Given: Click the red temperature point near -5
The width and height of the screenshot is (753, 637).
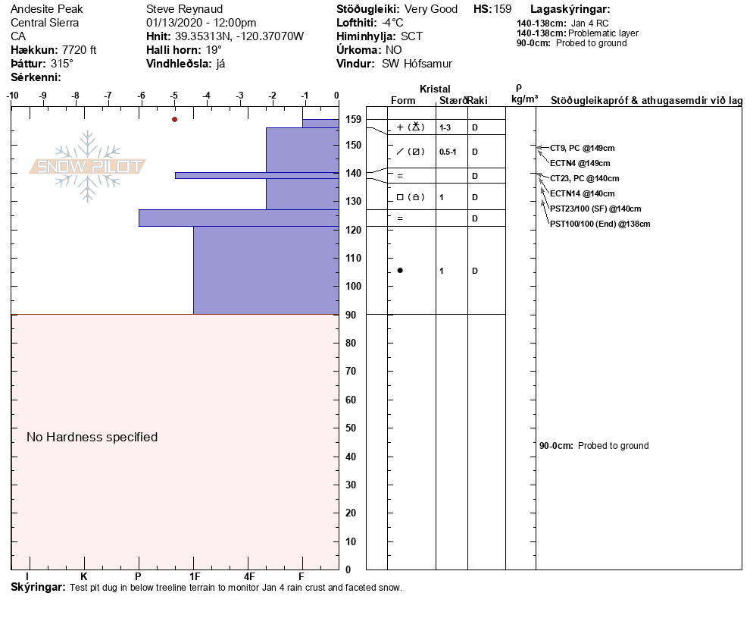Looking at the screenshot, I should click(x=174, y=119).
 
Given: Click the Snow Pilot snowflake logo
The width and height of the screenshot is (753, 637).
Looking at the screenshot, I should click(x=88, y=166).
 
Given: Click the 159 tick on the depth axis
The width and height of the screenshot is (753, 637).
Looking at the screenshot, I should click(x=353, y=120).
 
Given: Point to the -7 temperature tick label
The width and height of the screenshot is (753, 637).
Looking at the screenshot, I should click(x=108, y=96).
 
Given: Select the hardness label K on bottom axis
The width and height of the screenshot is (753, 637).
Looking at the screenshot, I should click(x=84, y=576).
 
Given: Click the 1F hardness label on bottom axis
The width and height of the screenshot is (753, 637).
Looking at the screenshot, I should click(x=194, y=576).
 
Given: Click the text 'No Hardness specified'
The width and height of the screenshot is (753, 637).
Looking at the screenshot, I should click(x=92, y=437).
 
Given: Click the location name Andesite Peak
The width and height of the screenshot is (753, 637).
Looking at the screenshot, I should click(x=47, y=10).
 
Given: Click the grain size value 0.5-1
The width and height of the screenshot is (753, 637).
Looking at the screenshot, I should click(x=448, y=152).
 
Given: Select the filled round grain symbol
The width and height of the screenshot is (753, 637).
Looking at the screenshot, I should click(x=400, y=271).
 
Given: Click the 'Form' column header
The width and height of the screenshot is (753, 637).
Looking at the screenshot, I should click(x=403, y=101).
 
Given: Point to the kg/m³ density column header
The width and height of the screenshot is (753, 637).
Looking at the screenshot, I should click(x=524, y=99).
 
